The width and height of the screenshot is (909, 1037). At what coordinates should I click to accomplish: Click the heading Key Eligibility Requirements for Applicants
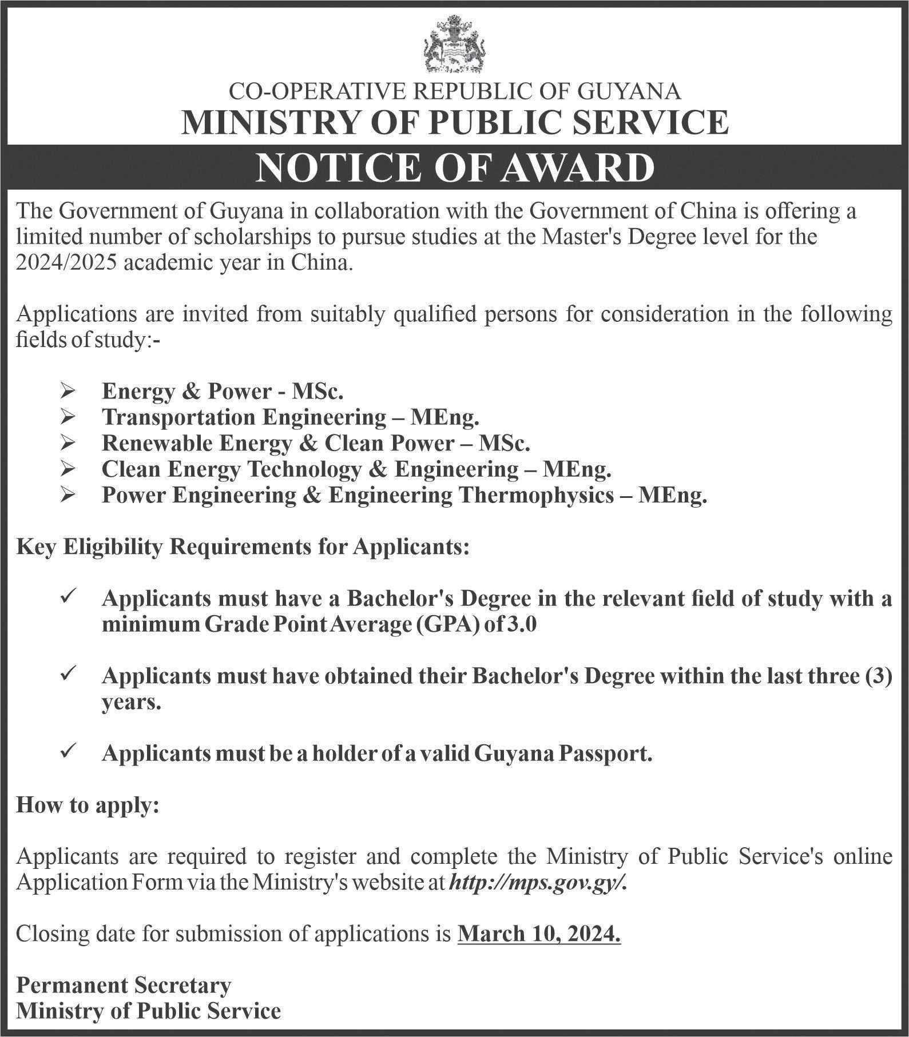[x=243, y=547]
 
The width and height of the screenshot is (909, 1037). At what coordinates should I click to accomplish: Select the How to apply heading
[x=88, y=805]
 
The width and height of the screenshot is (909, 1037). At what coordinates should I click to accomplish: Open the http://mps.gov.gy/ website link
[x=538, y=883]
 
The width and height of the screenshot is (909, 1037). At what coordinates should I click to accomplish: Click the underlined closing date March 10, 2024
[x=539, y=934]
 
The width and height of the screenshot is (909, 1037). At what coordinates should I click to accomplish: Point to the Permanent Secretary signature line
[x=124, y=985]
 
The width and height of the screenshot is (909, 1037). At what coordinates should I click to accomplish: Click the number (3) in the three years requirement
[x=879, y=676]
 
